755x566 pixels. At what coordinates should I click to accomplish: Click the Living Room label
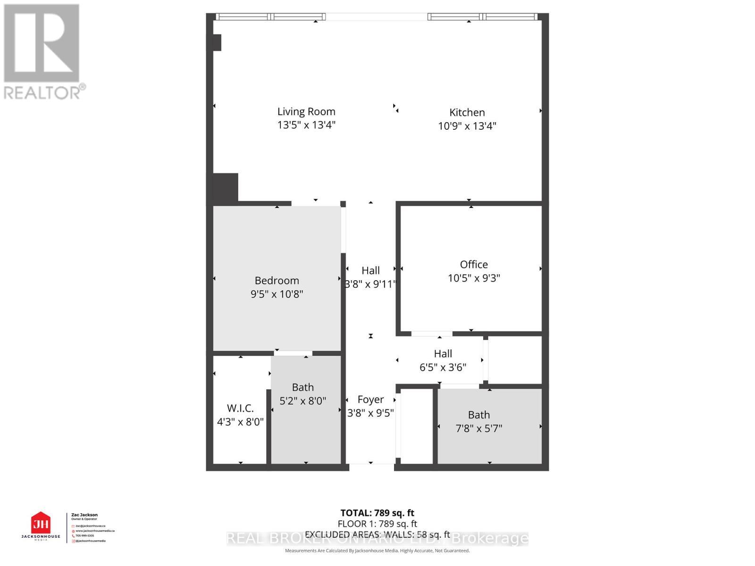(306, 112)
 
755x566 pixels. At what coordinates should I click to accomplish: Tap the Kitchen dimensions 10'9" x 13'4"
(467, 126)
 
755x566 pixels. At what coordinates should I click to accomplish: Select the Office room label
(474, 265)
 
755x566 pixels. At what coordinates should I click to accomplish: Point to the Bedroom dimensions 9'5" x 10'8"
(277, 294)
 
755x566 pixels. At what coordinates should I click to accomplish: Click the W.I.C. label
(240, 408)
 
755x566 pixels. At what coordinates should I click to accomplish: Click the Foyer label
(370, 400)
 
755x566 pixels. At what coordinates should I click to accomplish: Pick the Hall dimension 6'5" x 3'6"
(443, 367)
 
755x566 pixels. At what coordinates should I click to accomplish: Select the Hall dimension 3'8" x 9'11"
(370, 284)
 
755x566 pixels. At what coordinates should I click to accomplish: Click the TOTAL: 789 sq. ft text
(377, 513)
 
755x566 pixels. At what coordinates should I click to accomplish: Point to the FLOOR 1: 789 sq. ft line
(377, 524)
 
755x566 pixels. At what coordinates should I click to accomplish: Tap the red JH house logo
(41, 523)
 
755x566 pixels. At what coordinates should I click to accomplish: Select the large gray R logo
(42, 43)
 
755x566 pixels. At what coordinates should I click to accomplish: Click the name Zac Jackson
(84, 515)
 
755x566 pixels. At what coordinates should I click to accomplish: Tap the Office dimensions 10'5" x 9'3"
(474, 278)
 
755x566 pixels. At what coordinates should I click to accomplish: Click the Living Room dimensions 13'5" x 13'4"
(306, 125)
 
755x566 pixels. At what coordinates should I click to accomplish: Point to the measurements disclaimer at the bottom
(377, 550)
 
